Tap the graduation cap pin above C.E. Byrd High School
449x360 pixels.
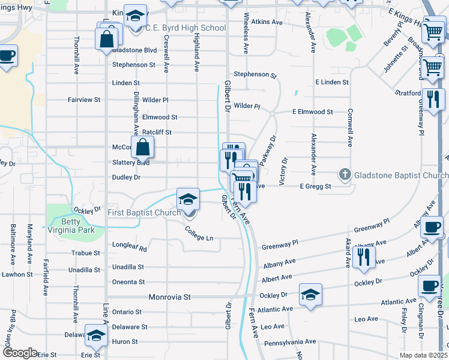coord(136,16)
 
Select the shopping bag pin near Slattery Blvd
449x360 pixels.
coord(143,147)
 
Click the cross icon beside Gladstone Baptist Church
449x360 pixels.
coord(345,175)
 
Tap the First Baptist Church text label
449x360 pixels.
coord(144,213)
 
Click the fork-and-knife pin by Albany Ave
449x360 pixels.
coord(363,256)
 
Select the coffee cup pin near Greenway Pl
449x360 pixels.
coord(432,227)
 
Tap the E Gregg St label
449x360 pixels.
coord(316,187)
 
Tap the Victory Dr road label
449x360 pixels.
coord(285,170)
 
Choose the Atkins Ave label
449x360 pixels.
coord(267,22)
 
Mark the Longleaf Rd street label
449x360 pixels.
coord(129,245)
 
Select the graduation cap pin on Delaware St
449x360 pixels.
coord(95,336)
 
